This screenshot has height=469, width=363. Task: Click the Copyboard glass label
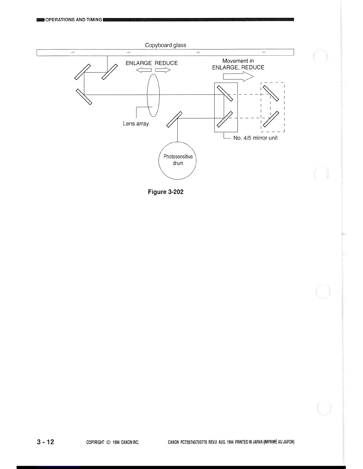(x=165, y=45)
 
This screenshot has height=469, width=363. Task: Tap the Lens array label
(x=136, y=124)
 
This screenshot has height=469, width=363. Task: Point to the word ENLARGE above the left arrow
(x=138, y=63)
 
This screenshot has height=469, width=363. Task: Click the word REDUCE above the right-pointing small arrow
(x=166, y=63)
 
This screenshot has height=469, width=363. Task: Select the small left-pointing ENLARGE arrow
(x=144, y=70)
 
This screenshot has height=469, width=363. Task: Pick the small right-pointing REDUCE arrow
(x=163, y=70)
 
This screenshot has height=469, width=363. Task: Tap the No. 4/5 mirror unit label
(x=255, y=138)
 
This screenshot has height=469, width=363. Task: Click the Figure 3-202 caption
(x=166, y=192)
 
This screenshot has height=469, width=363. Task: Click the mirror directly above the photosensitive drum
(x=174, y=119)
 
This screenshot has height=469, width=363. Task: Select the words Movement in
(x=238, y=61)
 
